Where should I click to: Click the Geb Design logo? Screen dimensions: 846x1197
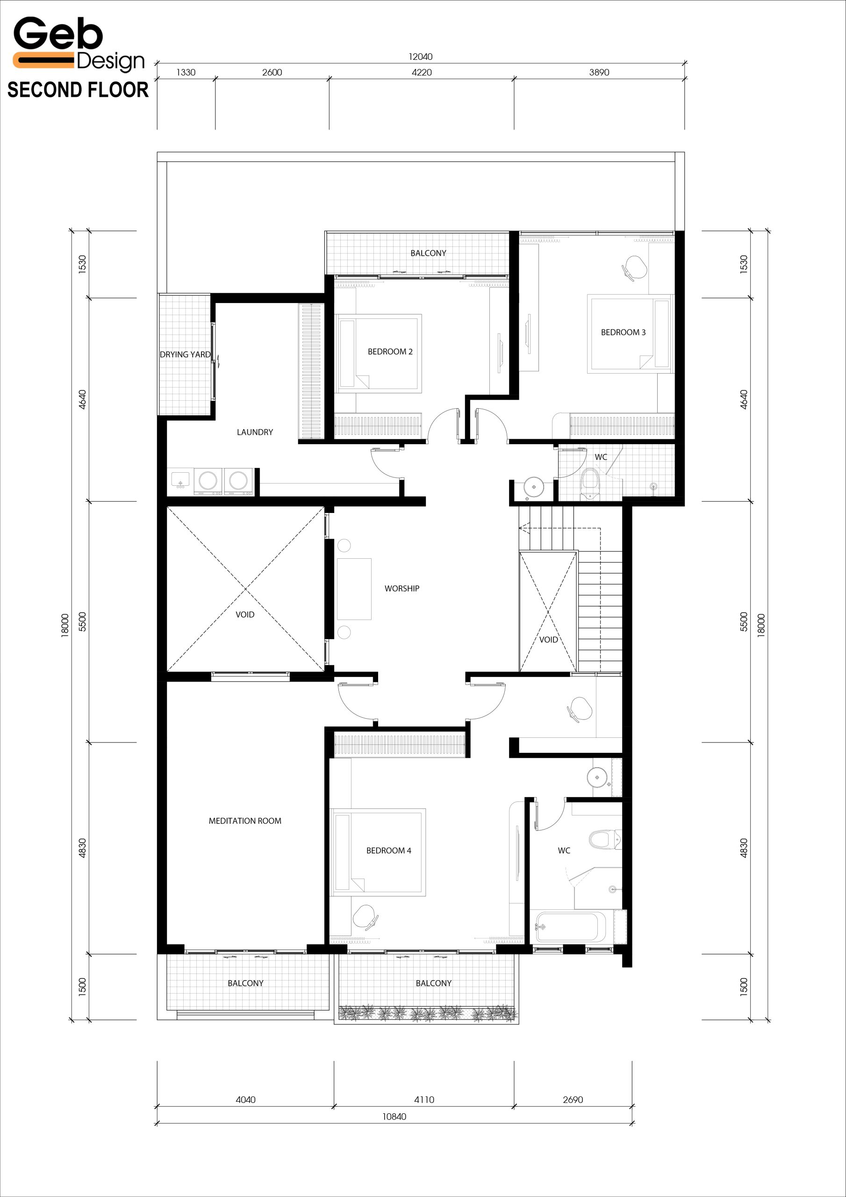pyautogui.click(x=78, y=44)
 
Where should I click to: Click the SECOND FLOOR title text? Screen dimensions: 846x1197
pyautogui.click(x=78, y=90)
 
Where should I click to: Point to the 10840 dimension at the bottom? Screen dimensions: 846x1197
pyautogui.click(x=394, y=1116)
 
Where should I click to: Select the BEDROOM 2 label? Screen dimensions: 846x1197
pyautogui.click(x=390, y=351)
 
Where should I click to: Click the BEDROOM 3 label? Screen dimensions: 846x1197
pyautogui.click(x=623, y=332)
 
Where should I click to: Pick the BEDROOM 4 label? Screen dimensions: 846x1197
pyautogui.click(x=388, y=851)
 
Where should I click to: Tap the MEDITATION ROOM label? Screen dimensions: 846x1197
pyautogui.click(x=245, y=821)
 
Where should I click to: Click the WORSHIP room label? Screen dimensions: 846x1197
pyautogui.click(x=402, y=588)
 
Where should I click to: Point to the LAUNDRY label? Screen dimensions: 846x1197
pyautogui.click(x=255, y=432)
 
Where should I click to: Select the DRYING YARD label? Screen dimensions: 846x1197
pyautogui.click(x=185, y=354)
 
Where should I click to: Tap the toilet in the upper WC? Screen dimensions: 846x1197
pyautogui.click(x=591, y=483)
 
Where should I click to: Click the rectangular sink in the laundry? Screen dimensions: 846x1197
pyautogui.click(x=180, y=480)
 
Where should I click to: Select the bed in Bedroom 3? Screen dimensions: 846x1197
pyautogui.click(x=631, y=334)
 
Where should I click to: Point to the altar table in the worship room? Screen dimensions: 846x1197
pyautogui.click(x=354, y=589)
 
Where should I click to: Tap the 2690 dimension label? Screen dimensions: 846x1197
pyautogui.click(x=573, y=1099)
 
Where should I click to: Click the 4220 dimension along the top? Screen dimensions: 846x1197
pyautogui.click(x=422, y=72)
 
